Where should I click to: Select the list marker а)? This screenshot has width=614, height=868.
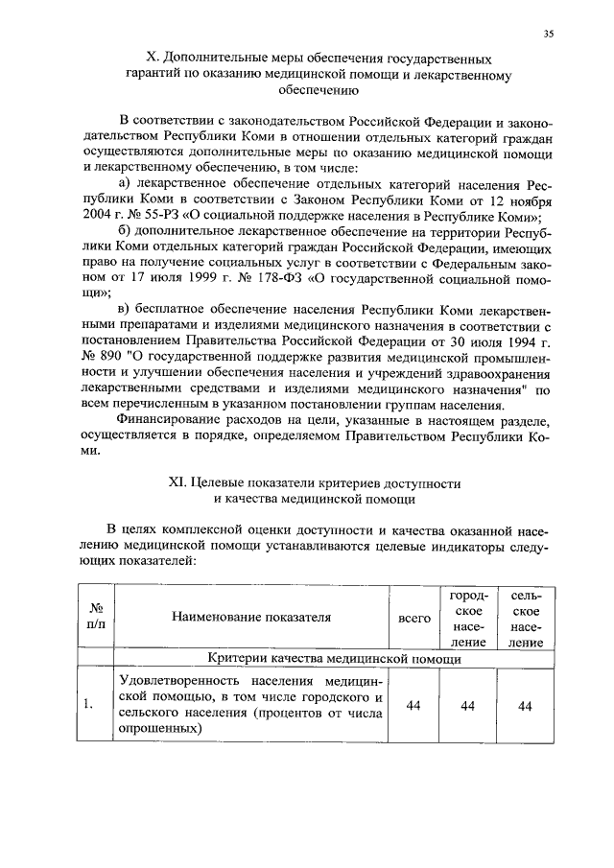click(124, 184)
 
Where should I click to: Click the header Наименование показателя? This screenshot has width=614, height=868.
click(251, 618)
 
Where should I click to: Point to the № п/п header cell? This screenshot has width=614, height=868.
click(96, 618)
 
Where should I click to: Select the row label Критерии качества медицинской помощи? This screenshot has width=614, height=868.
click(335, 660)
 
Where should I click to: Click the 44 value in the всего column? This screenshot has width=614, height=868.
click(413, 706)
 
